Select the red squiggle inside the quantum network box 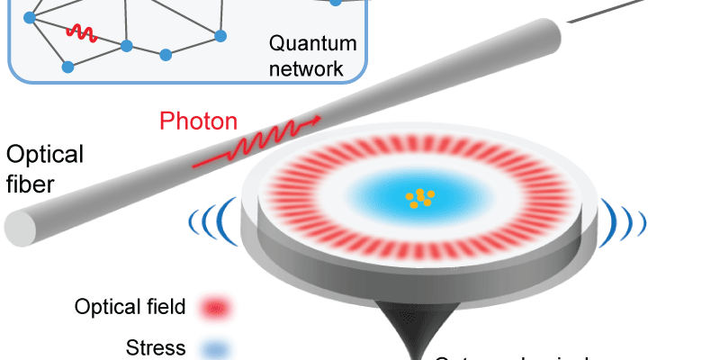(80, 33)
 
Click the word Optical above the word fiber (45, 155)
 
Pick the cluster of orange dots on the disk (418, 198)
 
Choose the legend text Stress (156, 347)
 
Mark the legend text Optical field (130, 308)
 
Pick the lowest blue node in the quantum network (67, 67)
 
